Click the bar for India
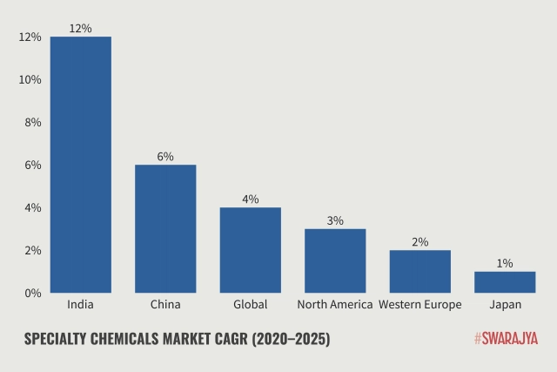80,165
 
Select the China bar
165,228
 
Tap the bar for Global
250,250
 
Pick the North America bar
335,260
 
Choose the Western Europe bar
419,271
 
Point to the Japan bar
505,282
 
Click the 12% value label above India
80,28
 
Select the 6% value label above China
165,156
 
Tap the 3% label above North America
335,220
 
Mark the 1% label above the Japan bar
505,263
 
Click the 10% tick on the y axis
30,79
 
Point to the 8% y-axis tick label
32,122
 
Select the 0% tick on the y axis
32,293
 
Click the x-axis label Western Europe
419,305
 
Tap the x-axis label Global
250,305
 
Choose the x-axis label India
80,305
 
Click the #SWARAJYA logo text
506,338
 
